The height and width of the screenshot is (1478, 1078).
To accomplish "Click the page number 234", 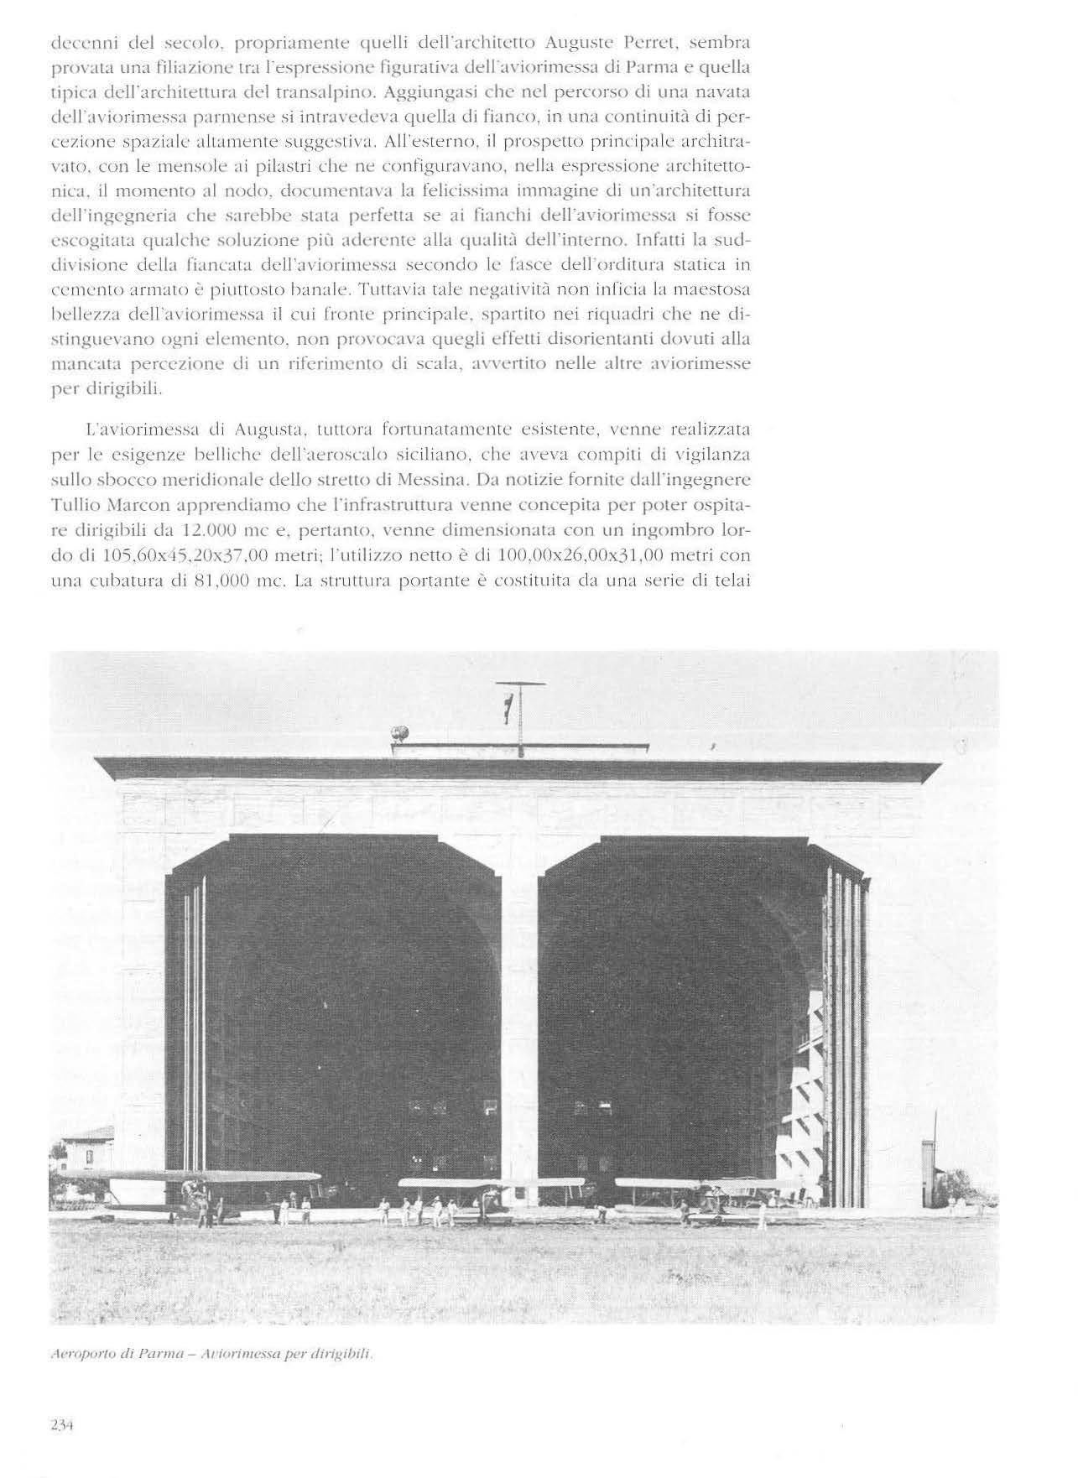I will pos(64,1423).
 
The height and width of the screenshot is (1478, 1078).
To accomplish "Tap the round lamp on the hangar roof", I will pos(400,731).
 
